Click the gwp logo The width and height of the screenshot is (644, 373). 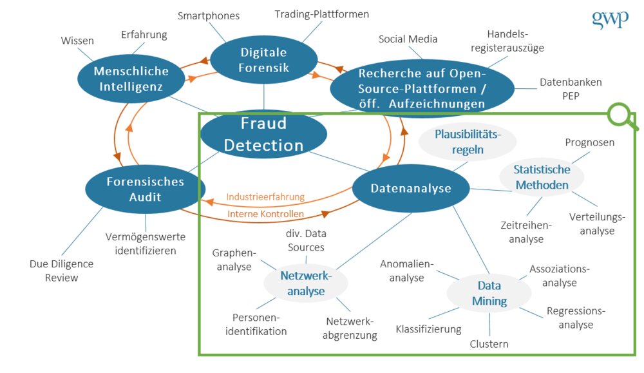click(x=609, y=19)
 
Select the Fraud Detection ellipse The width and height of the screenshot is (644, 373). click(x=263, y=135)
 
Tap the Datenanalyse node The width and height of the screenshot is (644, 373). click(x=411, y=188)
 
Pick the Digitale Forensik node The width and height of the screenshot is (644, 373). click(x=263, y=60)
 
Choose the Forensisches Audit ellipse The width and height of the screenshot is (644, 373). click(x=146, y=189)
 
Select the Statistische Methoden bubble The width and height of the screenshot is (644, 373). click(x=542, y=177)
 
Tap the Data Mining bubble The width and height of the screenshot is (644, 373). click(x=489, y=293)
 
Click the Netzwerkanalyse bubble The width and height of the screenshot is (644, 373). click(x=306, y=283)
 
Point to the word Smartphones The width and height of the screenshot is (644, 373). click(x=209, y=15)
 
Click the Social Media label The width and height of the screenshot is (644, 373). click(x=408, y=39)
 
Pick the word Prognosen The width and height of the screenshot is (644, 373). click(x=590, y=142)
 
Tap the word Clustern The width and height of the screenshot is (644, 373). click(x=489, y=344)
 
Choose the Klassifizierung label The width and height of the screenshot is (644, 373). click(x=428, y=329)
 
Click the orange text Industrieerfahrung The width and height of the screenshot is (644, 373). click(x=265, y=196)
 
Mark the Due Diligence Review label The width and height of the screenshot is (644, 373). click(x=62, y=271)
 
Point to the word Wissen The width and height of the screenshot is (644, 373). click(x=77, y=41)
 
